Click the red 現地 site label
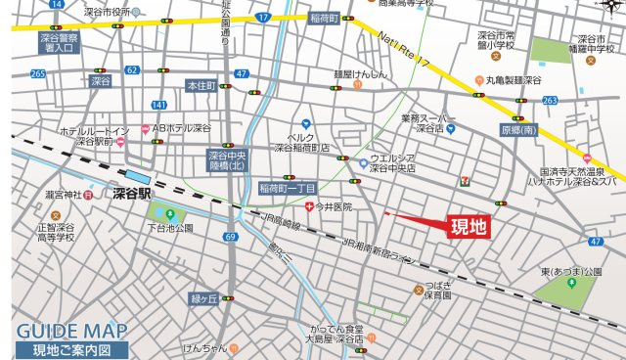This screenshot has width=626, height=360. (467, 228)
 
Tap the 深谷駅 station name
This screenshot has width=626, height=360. (132, 194)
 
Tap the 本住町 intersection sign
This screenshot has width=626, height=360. (200, 86)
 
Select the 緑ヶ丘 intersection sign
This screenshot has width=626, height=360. (202, 298)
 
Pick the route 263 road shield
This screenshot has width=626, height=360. (550, 100)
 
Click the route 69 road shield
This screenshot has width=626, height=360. (230, 237)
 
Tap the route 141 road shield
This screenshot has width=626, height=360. (159, 105)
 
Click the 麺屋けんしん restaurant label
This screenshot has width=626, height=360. (361, 73)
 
